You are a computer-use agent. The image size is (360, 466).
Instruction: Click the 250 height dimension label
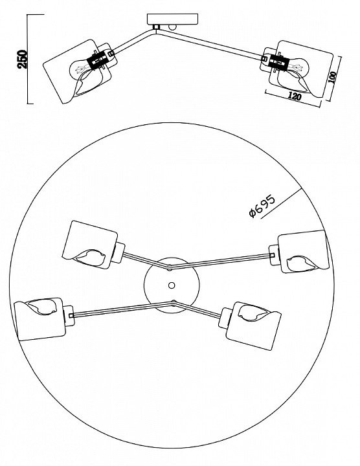(x=22, y=59)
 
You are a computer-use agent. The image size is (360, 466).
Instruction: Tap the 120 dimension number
(x=295, y=96)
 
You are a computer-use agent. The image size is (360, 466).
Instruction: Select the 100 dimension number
(x=333, y=78)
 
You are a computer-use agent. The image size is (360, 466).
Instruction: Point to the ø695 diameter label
(x=262, y=206)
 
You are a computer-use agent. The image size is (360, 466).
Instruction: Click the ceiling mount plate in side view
(x=173, y=19)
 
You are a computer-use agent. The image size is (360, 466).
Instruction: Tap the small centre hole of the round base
(x=172, y=285)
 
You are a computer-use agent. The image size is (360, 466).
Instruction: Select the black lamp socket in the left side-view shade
(x=97, y=60)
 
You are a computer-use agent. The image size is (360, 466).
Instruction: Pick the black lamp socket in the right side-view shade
(x=278, y=62)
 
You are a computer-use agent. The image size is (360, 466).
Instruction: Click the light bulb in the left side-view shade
(x=79, y=70)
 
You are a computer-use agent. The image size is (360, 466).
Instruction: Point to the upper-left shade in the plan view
(x=90, y=245)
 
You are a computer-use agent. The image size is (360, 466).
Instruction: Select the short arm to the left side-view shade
(x=134, y=41)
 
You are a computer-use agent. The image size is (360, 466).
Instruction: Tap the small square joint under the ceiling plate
(x=156, y=27)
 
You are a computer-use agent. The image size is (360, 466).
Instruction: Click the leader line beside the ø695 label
(x=281, y=204)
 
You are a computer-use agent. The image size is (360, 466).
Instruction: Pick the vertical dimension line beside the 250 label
(x=28, y=59)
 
